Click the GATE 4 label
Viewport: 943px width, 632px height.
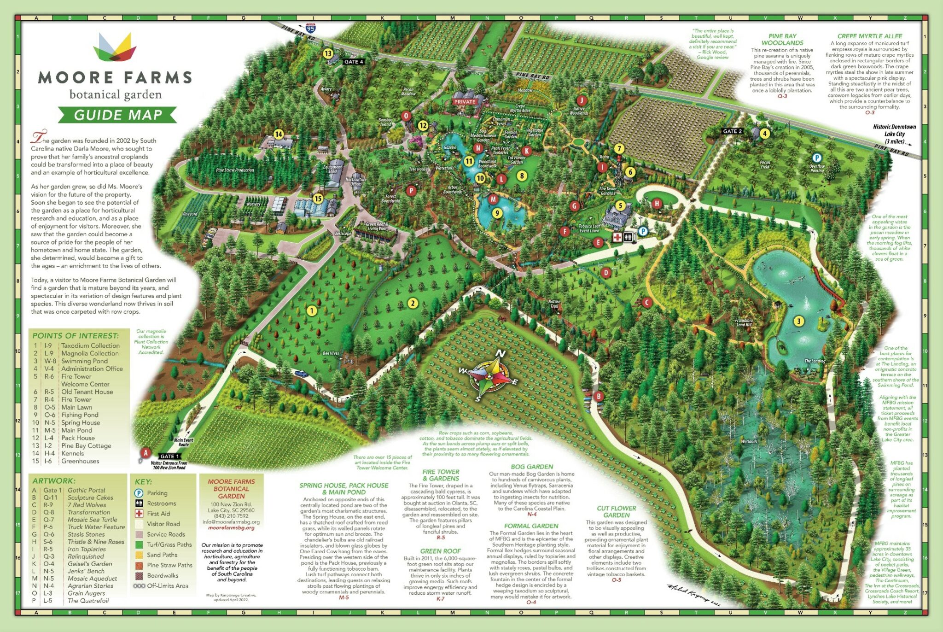pyautogui.click(x=354, y=62)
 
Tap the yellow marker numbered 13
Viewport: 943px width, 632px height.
pyautogui.click(x=328, y=53)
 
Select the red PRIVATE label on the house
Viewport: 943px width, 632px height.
pyautogui.click(x=465, y=102)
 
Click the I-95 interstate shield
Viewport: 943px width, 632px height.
pyautogui.click(x=311, y=28)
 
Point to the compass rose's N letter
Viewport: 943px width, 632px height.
pyautogui.click(x=501, y=353)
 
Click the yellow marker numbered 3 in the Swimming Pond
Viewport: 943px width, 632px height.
pyautogui.click(x=798, y=321)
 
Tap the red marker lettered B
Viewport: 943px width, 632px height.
pyautogui.click(x=599, y=396)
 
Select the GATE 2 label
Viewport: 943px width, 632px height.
pyautogui.click(x=732, y=131)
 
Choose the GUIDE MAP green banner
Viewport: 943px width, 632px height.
pyautogui.click(x=117, y=115)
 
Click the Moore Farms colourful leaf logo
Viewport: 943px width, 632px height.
pyautogui.click(x=115, y=47)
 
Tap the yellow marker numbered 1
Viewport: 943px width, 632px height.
pyautogui.click(x=312, y=310)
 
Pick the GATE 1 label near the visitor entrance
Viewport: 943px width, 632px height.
pyautogui.click(x=167, y=456)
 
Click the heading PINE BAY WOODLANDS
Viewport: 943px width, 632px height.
pyautogui.click(x=782, y=39)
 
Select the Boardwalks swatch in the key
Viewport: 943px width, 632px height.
pyautogui.click(x=139, y=576)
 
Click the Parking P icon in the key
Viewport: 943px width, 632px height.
pyautogui.click(x=139, y=493)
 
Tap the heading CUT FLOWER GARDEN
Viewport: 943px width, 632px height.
pyautogui.click(x=616, y=512)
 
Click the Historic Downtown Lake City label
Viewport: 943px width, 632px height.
pyautogui.click(x=894, y=134)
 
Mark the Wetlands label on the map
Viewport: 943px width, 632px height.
pyautogui.click(x=749, y=441)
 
